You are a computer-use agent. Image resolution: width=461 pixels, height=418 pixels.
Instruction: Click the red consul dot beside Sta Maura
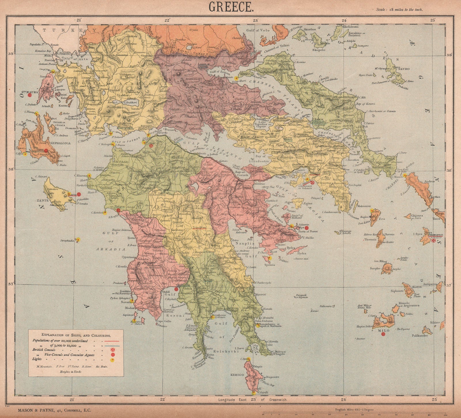(29, 95)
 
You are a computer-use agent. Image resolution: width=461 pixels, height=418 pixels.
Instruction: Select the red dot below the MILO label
(383, 334)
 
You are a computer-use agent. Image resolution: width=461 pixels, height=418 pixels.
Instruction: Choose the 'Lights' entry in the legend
(37, 359)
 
